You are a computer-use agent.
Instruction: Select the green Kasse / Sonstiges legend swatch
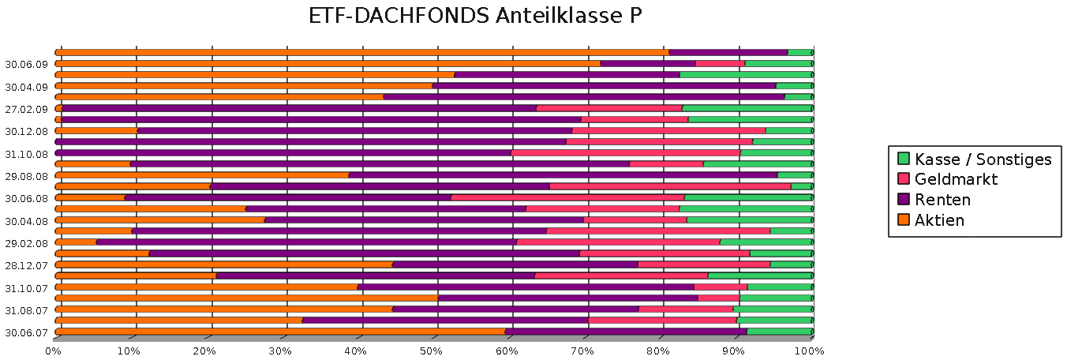click(x=904, y=159)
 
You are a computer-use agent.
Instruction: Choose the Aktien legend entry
click(x=938, y=221)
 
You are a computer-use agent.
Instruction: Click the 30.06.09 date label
click(x=27, y=64)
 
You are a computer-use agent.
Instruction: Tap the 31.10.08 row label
click(x=27, y=154)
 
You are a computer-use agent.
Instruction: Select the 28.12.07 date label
click(x=27, y=265)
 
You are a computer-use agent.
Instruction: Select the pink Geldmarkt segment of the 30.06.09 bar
click(x=720, y=63)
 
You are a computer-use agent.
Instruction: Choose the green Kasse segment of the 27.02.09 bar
click(x=747, y=108)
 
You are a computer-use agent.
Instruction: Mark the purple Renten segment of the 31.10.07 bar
click(x=526, y=287)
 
